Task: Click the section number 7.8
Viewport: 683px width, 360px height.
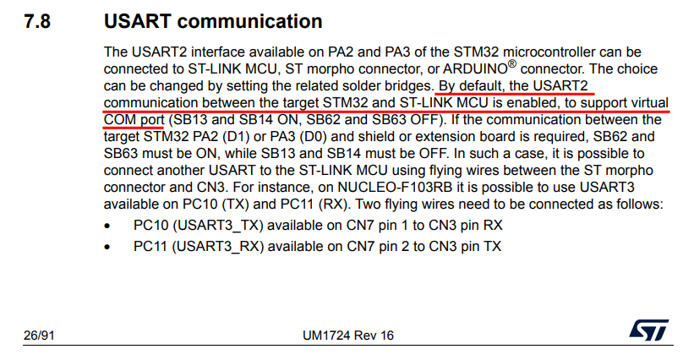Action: [x=37, y=21]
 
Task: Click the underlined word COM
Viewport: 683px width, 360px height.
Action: [x=120, y=119]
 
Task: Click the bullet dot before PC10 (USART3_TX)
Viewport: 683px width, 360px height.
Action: [x=108, y=226]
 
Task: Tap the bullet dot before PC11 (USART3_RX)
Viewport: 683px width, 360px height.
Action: [x=108, y=247]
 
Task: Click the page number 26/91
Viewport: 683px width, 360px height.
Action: [x=39, y=335]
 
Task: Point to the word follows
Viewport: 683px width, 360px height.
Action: [x=639, y=203]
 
